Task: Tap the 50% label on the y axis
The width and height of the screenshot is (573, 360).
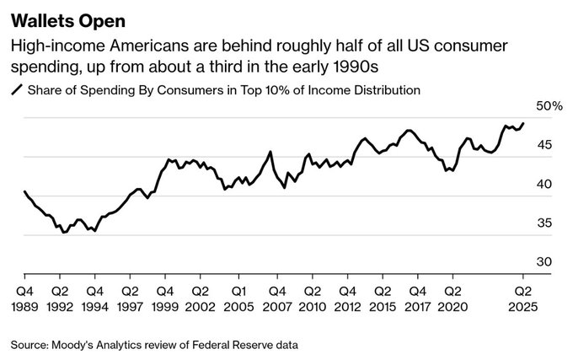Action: [x=549, y=106]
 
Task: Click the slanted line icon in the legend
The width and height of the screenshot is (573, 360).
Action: [x=16, y=89]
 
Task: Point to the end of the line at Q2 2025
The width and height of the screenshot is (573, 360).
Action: [x=523, y=123]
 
